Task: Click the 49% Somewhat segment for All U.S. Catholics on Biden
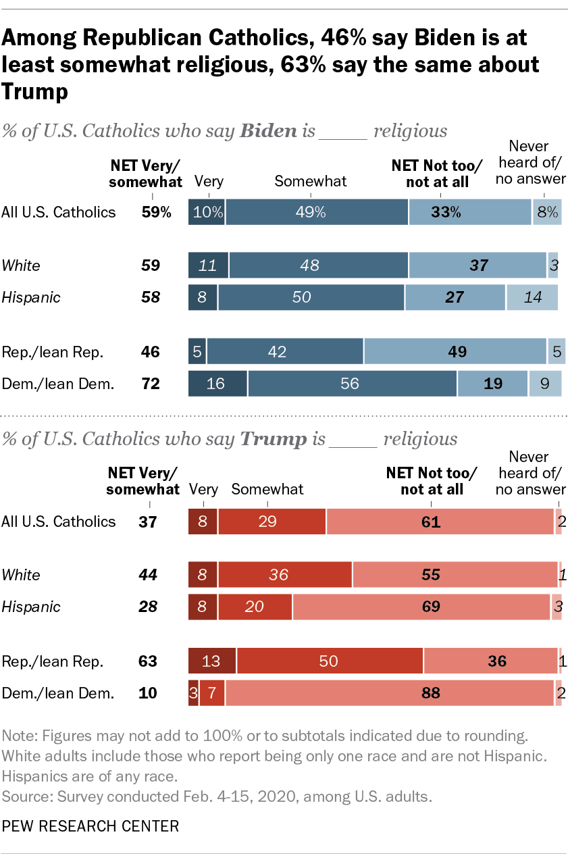coord(317,212)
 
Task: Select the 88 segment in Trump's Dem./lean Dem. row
coord(390,692)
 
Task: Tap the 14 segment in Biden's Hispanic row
coord(532,297)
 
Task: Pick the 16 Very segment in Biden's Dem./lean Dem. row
coord(217,384)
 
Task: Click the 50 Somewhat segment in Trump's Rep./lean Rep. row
coord(330,661)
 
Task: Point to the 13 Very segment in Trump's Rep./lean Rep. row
coord(212,661)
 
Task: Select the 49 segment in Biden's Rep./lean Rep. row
coord(455,352)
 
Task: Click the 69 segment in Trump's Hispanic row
coord(421,607)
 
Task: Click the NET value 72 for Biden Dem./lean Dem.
coord(150,384)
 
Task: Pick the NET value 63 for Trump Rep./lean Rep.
coord(147,661)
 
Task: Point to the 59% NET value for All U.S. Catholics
coord(157,212)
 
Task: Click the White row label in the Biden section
coord(21,265)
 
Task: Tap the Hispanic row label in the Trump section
coord(31,607)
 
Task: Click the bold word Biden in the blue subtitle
coord(269,130)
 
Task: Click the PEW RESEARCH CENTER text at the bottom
coord(91,826)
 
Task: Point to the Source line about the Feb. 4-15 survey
coord(217,796)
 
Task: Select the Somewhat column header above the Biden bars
coord(311,180)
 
